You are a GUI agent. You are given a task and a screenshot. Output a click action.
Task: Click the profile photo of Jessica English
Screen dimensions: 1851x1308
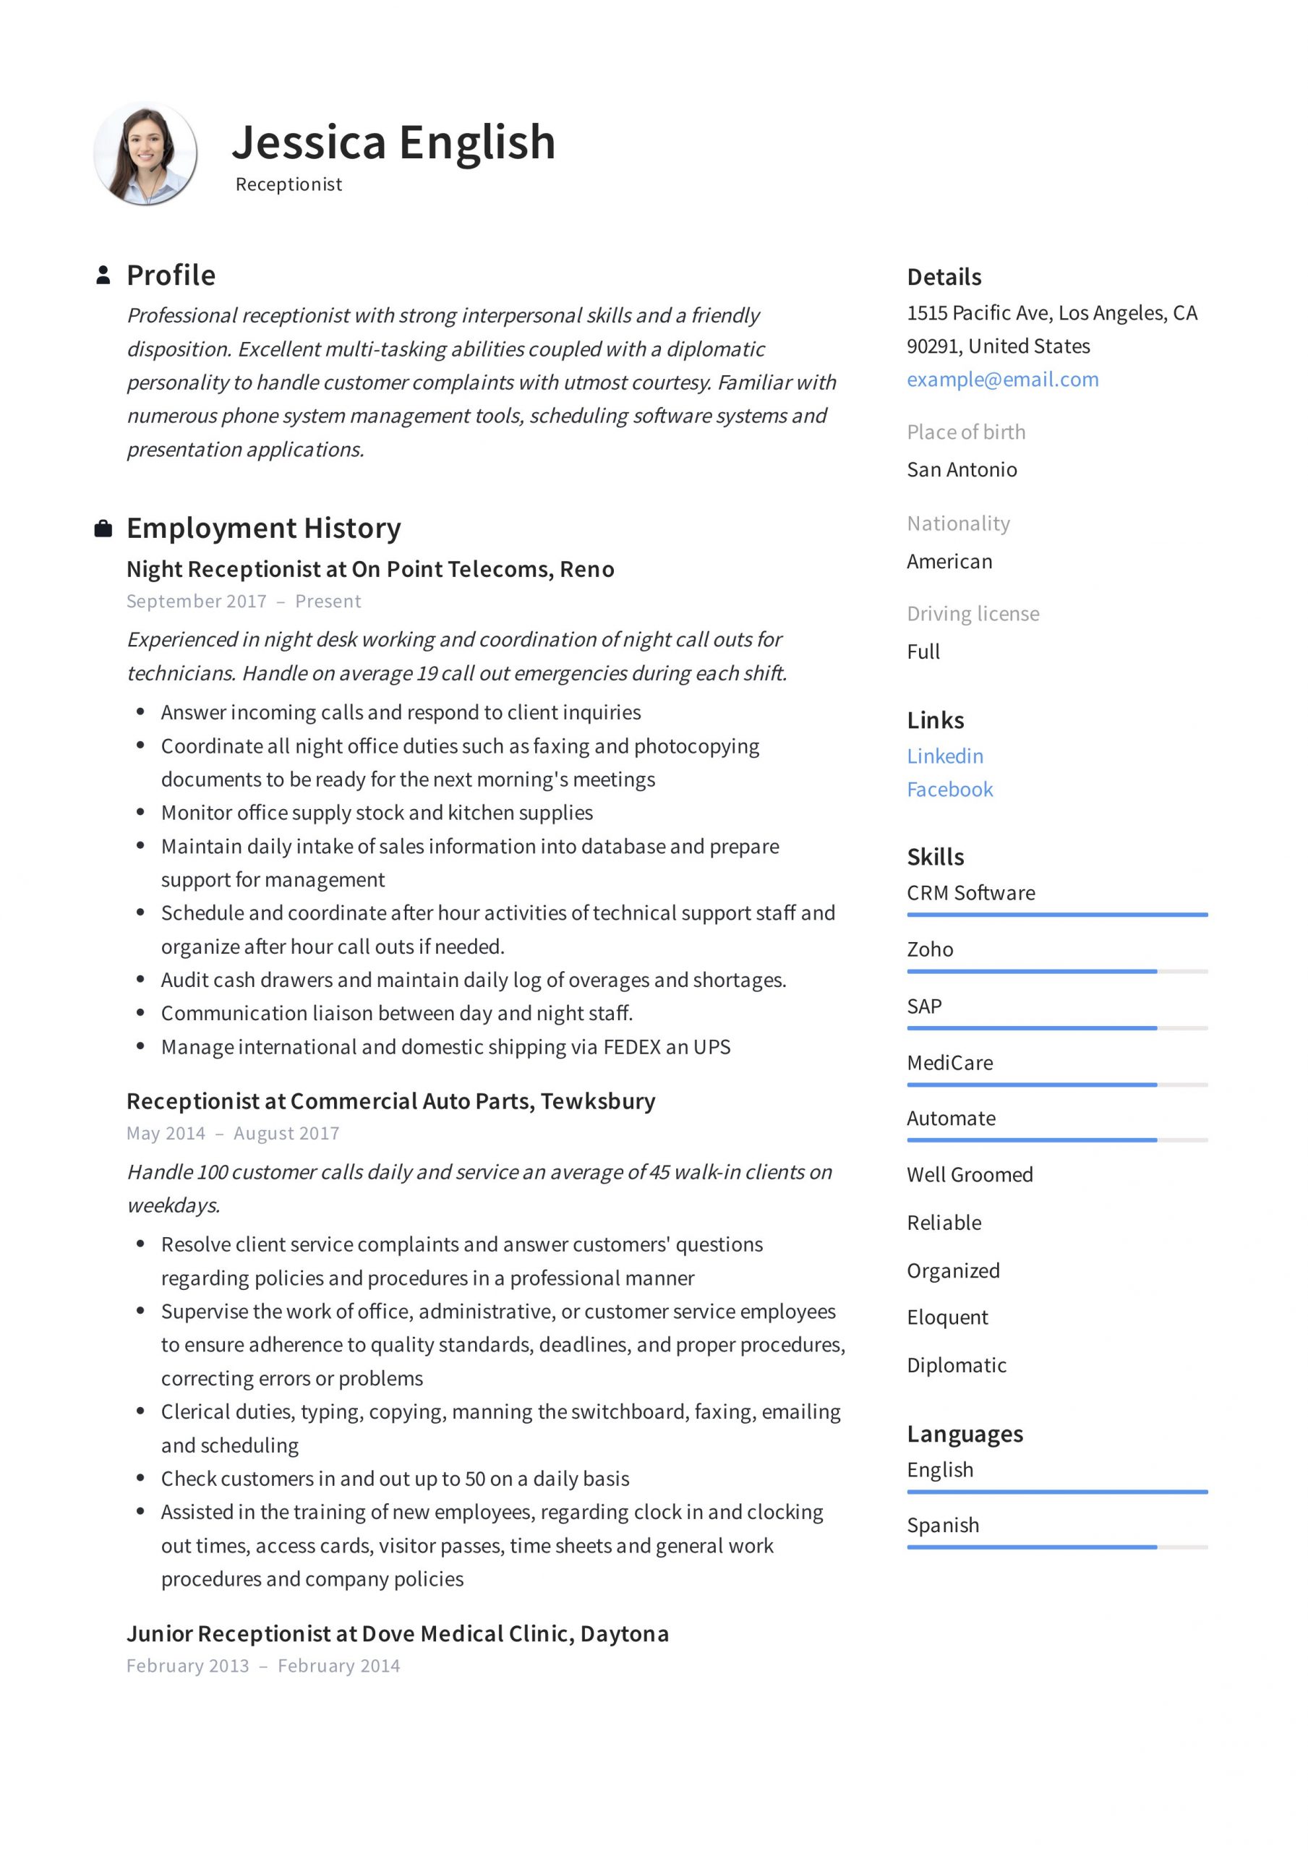click(x=145, y=153)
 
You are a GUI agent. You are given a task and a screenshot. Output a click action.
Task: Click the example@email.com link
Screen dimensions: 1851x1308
click(x=1001, y=379)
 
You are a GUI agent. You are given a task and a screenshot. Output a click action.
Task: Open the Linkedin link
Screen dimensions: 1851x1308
click(x=944, y=756)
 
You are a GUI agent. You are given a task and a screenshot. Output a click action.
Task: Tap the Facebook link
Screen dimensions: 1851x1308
click(x=949, y=790)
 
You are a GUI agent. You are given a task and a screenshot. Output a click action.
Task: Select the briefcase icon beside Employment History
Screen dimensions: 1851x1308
click(x=103, y=529)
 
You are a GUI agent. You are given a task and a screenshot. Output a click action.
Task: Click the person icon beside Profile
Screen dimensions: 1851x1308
click(x=103, y=275)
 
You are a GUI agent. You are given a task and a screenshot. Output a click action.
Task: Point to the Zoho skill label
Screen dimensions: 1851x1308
click(x=929, y=949)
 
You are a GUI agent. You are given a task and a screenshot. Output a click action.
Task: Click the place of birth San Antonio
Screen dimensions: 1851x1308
click(x=961, y=469)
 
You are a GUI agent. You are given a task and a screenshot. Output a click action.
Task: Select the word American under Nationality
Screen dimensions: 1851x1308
click(x=949, y=561)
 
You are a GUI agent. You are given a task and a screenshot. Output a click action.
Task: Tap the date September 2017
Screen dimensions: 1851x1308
click(x=196, y=602)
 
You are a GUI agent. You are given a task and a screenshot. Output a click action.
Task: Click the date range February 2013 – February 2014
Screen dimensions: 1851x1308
click(x=263, y=1666)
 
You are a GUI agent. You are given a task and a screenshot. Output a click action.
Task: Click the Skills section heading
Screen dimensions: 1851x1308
click(x=935, y=856)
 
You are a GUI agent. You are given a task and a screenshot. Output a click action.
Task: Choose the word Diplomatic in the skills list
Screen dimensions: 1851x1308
click(x=957, y=1365)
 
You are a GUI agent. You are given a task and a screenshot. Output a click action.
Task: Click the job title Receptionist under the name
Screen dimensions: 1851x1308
click(x=288, y=184)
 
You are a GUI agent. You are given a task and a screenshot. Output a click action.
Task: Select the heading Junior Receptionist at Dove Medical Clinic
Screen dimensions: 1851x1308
click(x=397, y=1633)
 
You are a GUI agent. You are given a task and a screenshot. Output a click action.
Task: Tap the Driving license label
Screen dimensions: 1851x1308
click(x=973, y=614)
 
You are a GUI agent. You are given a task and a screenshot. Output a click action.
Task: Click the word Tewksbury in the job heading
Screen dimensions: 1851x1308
click(x=597, y=1100)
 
